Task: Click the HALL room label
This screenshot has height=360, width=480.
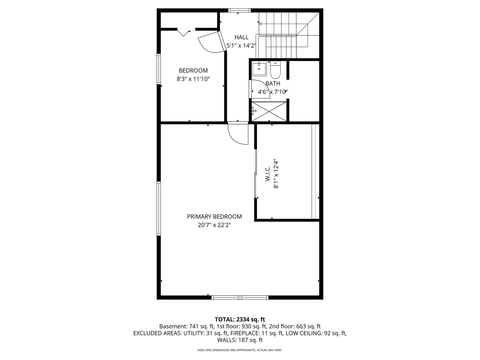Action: point(241,37)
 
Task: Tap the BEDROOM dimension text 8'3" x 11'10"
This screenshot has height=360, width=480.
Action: point(193,79)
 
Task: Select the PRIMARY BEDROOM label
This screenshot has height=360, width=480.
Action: point(214,217)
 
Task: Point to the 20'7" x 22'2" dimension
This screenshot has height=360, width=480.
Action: point(214,225)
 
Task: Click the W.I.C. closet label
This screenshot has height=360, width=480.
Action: point(268,174)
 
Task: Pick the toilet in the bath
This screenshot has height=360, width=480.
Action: point(275,70)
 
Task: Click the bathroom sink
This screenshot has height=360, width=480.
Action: point(259,69)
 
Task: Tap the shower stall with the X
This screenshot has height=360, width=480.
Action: point(269,111)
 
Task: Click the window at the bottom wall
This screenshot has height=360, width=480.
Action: point(240,297)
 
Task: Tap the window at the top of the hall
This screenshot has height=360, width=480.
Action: point(239,10)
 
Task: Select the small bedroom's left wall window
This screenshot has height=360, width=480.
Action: point(159,69)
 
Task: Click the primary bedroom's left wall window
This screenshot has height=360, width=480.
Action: point(159,209)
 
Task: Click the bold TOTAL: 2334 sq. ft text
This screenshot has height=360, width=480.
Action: point(240,320)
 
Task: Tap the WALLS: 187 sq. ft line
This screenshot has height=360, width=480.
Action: point(240,340)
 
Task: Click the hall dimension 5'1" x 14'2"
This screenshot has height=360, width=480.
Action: point(241,46)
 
